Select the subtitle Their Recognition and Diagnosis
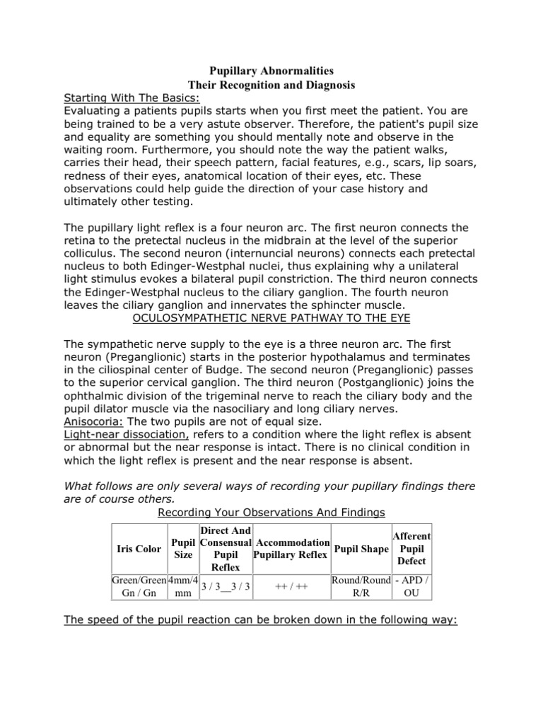[x=271, y=85]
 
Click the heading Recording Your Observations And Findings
[x=271, y=511]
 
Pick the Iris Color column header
[x=139, y=549]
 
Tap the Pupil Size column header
[x=182, y=549]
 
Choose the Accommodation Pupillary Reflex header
[x=291, y=549]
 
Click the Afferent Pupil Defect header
[x=411, y=549]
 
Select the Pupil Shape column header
[x=361, y=549]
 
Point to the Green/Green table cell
[x=139, y=580]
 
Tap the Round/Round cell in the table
[x=361, y=580]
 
